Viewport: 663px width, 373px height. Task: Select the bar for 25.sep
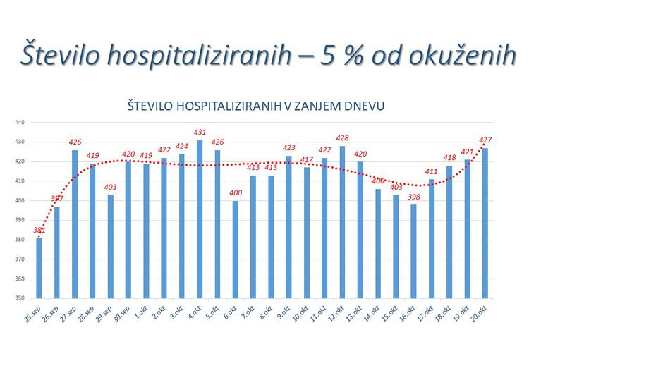point(39,267)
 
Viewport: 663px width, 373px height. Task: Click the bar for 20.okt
point(485,223)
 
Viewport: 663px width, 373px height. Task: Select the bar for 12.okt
point(343,221)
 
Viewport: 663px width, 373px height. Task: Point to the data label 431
point(200,133)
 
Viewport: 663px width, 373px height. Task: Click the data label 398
point(414,197)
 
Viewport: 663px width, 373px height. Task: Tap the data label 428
point(343,138)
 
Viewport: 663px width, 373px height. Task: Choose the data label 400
point(236,193)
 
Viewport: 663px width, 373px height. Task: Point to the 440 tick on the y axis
point(20,122)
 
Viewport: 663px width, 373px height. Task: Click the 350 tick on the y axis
point(20,298)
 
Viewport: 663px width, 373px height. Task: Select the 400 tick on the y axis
point(20,200)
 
